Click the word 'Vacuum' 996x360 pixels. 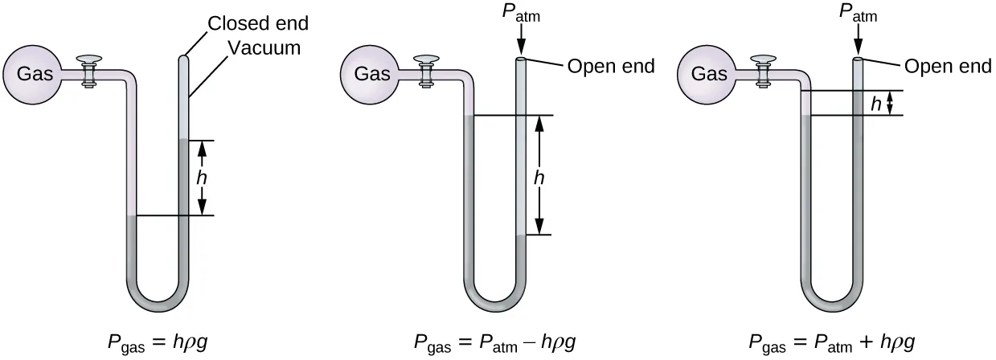point(264,48)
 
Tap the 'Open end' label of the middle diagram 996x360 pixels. point(611,67)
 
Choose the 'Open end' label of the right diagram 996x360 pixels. point(949,67)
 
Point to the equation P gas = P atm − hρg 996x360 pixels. point(495,341)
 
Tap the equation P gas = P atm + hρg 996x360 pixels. point(833,341)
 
